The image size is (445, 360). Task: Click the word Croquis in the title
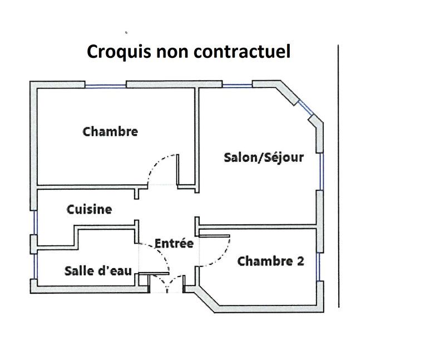118,52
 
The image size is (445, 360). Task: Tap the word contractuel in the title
242,51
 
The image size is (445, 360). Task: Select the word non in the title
172,53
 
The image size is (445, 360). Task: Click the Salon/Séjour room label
264,157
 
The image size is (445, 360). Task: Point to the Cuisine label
89,210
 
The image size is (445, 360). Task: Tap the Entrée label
174,243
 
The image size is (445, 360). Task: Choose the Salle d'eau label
98,271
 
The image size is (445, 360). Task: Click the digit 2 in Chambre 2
300,261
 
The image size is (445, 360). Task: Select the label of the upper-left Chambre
110,131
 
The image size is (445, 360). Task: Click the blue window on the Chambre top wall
106,86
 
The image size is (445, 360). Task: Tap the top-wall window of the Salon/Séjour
238,85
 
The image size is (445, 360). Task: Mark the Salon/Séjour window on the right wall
322,171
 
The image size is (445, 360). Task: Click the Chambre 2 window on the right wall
319,267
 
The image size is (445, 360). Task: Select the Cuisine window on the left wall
35,223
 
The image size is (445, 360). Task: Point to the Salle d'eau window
35,267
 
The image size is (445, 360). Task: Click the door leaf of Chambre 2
214,236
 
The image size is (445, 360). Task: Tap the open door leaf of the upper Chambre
177,170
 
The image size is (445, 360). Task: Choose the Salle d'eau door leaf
154,274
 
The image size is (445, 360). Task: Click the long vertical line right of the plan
338,176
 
